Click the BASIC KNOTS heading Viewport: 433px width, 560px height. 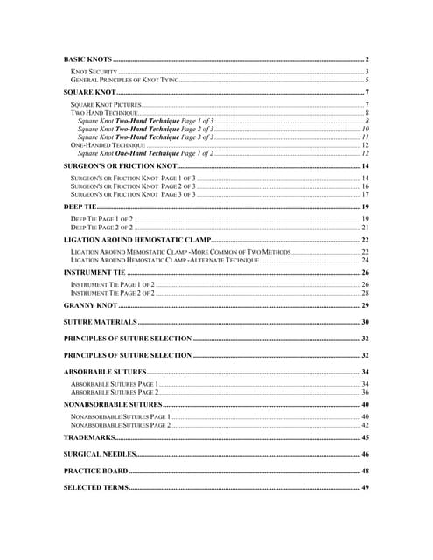(x=88, y=59)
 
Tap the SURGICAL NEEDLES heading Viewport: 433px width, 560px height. (x=100, y=455)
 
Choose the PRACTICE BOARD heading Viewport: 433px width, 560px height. (x=96, y=471)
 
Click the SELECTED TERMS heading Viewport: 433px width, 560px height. (x=96, y=487)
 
